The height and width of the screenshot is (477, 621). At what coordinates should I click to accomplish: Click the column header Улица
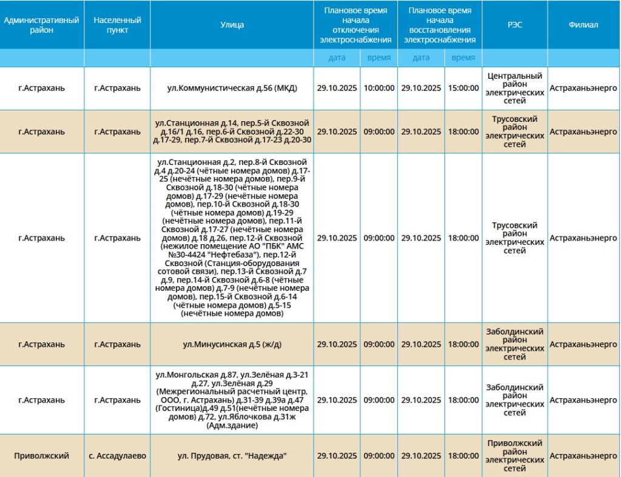click(x=232, y=25)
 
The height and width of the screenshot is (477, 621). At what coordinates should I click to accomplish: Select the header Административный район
click(x=42, y=25)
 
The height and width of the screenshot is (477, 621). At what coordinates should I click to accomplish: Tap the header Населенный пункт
click(x=117, y=25)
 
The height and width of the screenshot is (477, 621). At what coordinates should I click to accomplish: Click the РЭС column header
click(x=514, y=25)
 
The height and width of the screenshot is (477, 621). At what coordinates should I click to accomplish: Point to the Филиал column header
click(x=583, y=25)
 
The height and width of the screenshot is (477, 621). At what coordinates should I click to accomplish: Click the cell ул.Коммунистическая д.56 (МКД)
click(x=232, y=88)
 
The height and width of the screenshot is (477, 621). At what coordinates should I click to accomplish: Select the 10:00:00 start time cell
click(x=379, y=88)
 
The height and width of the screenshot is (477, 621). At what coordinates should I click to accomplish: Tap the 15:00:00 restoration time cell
click(x=463, y=88)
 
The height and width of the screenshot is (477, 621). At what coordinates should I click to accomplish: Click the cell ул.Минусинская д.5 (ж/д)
click(x=232, y=344)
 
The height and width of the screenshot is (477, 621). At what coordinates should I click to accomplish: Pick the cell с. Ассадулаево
click(x=117, y=456)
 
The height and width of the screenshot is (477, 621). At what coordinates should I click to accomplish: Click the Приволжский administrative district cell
click(x=42, y=456)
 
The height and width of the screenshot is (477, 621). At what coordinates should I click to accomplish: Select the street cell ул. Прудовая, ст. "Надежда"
click(x=232, y=456)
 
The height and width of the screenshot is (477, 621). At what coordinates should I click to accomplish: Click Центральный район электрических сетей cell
click(x=514, y=88)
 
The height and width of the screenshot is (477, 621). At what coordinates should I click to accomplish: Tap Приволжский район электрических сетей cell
click(x=514, y=456)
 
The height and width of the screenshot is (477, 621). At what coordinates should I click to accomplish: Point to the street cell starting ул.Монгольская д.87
click(x=232, y=400)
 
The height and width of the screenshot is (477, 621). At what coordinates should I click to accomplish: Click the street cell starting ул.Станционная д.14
click(x=232, y=132)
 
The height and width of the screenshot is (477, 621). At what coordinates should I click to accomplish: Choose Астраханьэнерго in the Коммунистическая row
click(x=583, y=88)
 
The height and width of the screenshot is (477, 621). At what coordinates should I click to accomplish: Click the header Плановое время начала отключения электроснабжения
click(x=355, y=25)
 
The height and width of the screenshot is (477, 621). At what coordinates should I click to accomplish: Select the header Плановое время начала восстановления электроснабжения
click(x=440, y=25)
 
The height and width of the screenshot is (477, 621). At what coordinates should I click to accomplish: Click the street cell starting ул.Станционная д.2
click(x=232, y=238)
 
